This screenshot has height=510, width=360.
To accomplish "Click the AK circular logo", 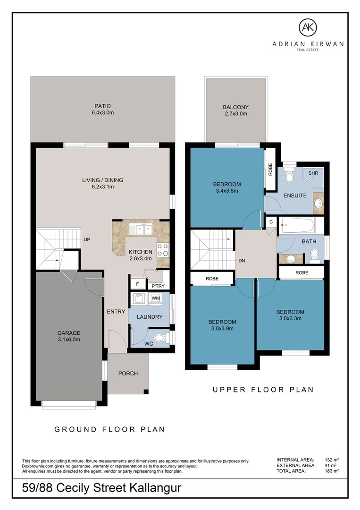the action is coord(308,28).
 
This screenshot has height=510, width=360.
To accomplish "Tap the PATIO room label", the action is coord(103,106).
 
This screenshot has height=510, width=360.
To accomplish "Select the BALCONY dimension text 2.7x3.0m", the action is coord(236,114).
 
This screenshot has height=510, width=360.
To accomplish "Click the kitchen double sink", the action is coord(141,229).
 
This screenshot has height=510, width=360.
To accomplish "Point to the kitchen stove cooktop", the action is coord(163,250).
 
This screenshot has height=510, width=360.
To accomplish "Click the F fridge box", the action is coord(137,284).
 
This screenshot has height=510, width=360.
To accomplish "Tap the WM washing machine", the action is coord(156,298).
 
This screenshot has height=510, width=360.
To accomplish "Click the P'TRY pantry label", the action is coord(158,286).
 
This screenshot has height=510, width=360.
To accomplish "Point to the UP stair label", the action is coord(87,239).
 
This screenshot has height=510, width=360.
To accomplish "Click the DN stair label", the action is coord(242,261).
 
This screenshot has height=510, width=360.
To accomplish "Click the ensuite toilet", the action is coord(288,176).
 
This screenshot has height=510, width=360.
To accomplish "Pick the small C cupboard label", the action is coord(271,222).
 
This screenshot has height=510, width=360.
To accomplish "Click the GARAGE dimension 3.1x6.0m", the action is coord(69,340).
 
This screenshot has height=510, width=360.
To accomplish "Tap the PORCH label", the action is coord(128,374).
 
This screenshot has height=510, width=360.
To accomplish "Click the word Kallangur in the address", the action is coord(155,488).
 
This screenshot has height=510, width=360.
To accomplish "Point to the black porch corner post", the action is coord(146,391).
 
